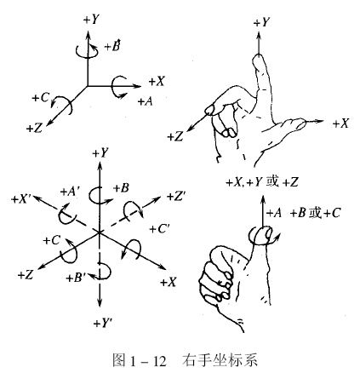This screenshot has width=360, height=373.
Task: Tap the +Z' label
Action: (x=176, y=197)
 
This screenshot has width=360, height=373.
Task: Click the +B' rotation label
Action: (x=76, y=278)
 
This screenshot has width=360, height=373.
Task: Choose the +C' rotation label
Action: (x=159, y=229)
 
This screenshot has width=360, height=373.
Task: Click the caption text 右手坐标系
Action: (x=220, y=360)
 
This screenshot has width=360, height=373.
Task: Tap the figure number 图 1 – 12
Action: (x=139, y=361)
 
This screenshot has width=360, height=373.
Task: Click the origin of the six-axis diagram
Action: (x=99, y=232)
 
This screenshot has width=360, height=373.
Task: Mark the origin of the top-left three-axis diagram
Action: (x=88, y=85)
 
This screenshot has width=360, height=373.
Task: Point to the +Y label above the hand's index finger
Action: (x=261, y=22)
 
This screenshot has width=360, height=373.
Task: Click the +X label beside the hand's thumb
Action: (x=340, y=123)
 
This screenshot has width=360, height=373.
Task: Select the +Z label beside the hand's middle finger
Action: (x=175, y=137)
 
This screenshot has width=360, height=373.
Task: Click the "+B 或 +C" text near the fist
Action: (x=315, y=213)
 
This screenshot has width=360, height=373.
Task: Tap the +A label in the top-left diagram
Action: (x=146, y=101)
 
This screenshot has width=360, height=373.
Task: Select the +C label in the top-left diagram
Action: (x=41, y=98)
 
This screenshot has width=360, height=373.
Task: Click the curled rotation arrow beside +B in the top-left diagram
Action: (x=88, y=51)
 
